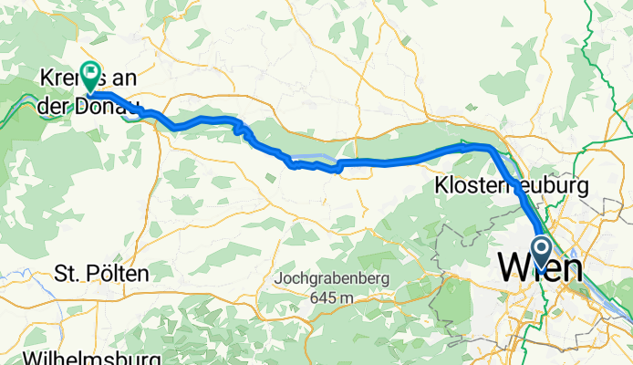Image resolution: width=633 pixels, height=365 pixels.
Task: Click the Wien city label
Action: [541, 269]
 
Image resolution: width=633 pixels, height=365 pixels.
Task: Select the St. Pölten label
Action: [101, 273]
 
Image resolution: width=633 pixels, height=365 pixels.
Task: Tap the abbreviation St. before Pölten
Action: [67, 273]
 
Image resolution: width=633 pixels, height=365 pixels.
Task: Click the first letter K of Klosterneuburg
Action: [437, 185]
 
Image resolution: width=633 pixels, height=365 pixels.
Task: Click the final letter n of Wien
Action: [572, 269]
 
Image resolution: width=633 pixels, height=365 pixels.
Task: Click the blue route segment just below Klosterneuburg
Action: [522, 200]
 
